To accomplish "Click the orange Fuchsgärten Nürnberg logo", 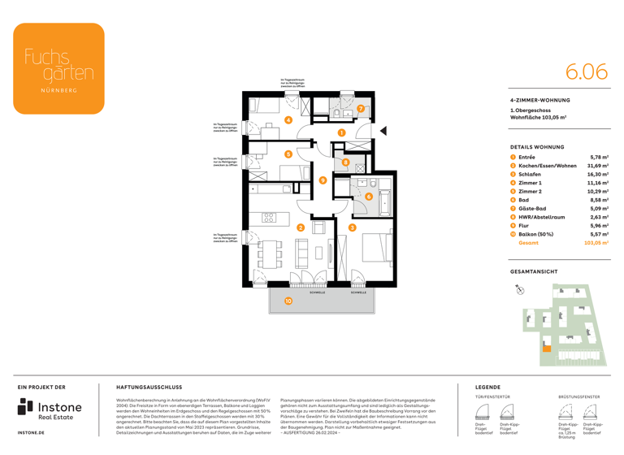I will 58,68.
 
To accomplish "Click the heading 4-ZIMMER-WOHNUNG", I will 539,100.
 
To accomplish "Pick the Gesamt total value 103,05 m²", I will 596,243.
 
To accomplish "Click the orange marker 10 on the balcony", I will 288,301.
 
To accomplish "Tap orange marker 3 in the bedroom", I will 352,228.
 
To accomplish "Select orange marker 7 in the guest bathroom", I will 361,109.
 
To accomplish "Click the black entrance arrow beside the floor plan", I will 383,131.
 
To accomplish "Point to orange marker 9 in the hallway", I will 323,180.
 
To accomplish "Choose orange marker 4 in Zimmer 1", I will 288,120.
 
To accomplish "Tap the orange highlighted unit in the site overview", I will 546,349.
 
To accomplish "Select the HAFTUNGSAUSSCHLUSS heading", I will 149,388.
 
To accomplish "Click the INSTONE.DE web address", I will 31,433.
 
